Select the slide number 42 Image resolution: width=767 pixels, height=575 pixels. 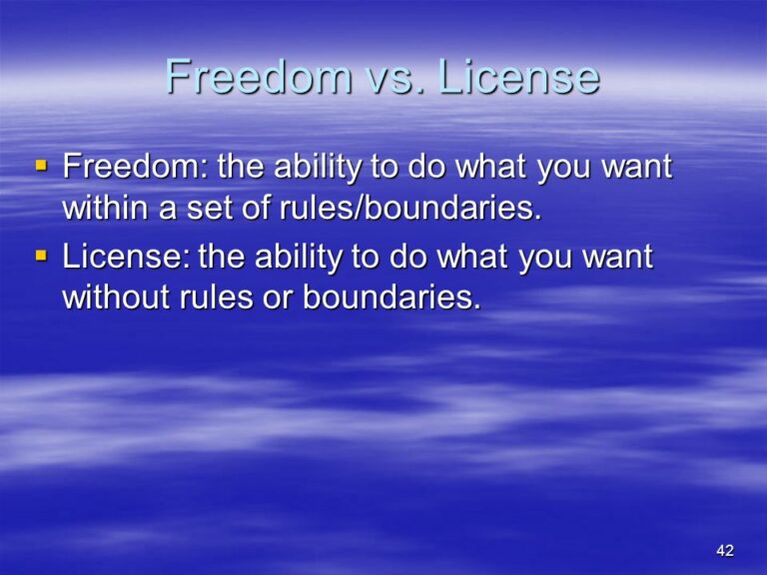[x=725, y=551]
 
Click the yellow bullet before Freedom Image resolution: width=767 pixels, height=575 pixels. [x=40, y=165]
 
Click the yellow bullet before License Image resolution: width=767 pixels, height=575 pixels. [x=40, y=256]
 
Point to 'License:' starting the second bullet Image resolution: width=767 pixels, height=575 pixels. [x=127, y=258]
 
